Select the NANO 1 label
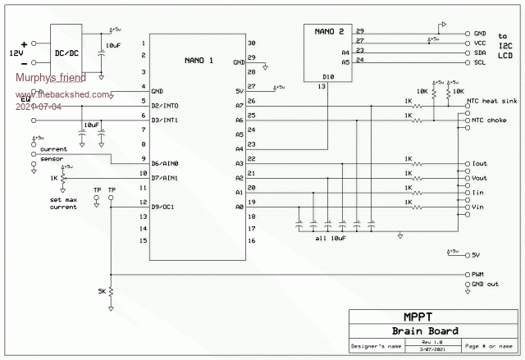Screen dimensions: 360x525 [199, 60]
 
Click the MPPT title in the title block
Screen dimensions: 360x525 [419, 317]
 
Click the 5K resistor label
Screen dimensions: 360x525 [101, 292]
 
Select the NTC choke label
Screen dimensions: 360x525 [487, 119]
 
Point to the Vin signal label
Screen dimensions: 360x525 [480, 207]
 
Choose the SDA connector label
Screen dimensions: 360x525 [481, 52]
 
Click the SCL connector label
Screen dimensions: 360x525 [481, 62]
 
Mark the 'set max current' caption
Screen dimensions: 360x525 [62, 203]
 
